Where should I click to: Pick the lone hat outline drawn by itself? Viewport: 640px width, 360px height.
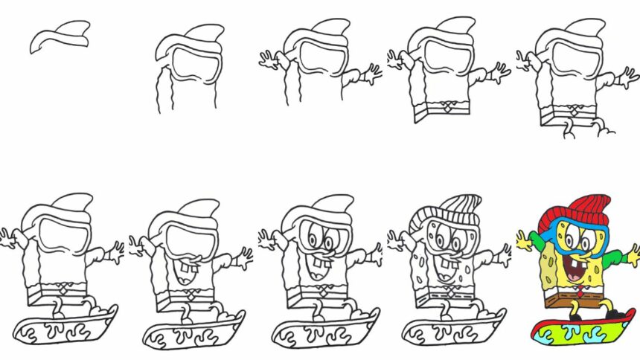[x=60, y=34]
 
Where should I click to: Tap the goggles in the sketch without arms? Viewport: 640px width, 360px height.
[x=192, y=65]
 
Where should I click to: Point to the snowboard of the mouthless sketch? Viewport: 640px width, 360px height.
[x=67, y=327]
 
